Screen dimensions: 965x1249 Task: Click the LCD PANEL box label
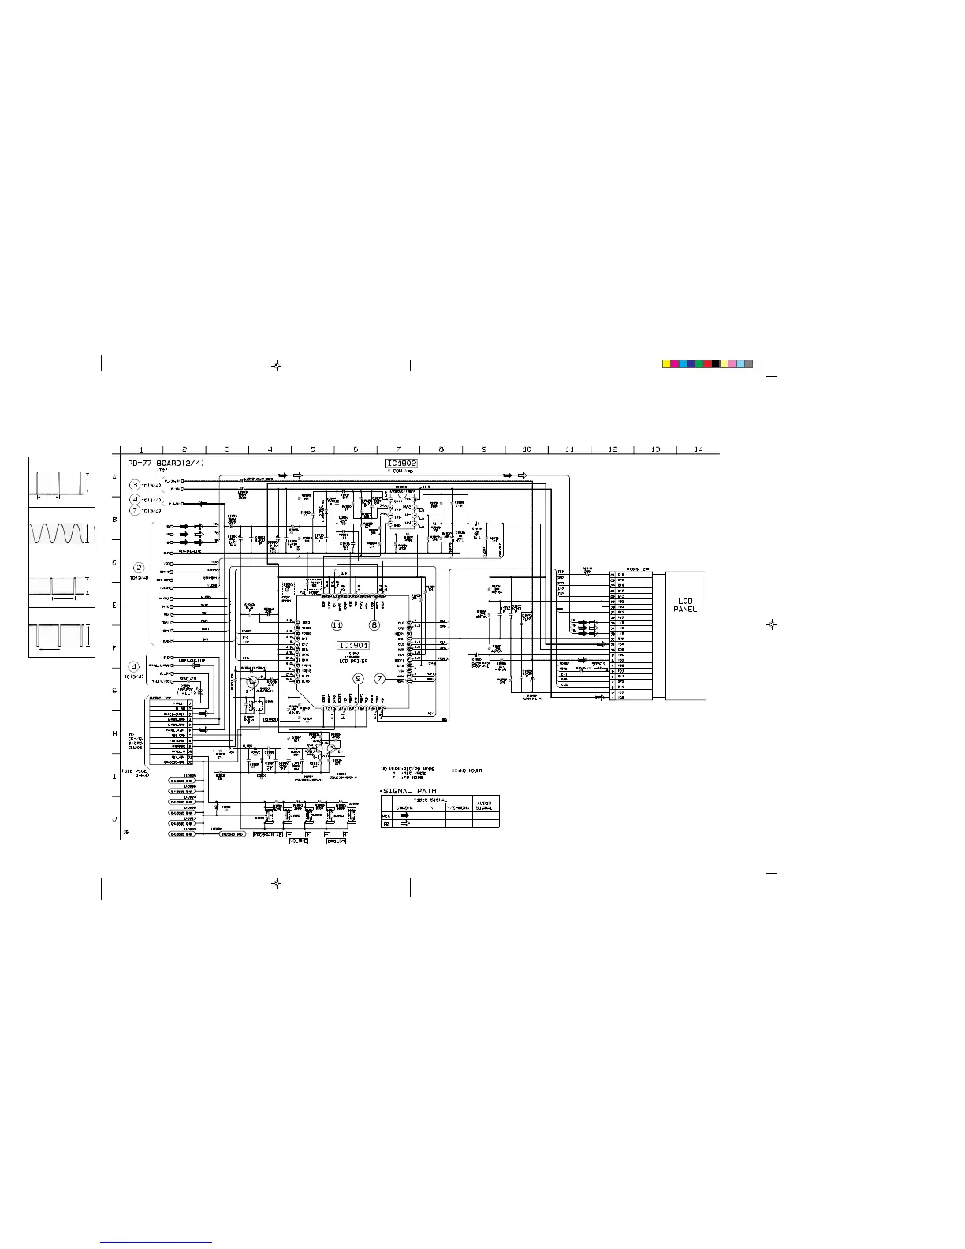pos(685,605)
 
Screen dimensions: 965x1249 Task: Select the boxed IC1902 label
pos(401,464)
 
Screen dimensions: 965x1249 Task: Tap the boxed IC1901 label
pos(354,645)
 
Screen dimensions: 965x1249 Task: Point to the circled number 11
pos(337,624)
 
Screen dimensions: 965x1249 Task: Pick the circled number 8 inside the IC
pos(374,624)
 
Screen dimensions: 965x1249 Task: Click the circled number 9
pos(358,678)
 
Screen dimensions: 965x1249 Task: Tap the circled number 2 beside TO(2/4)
pos(139,567)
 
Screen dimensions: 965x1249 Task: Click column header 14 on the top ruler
pos(698,449)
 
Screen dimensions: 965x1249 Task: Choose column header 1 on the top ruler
pos(141,449)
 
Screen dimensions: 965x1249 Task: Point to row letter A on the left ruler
pos(114,477)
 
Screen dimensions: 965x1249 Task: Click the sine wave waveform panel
pos(61,532)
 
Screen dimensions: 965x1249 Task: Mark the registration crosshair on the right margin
pos(773,624)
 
